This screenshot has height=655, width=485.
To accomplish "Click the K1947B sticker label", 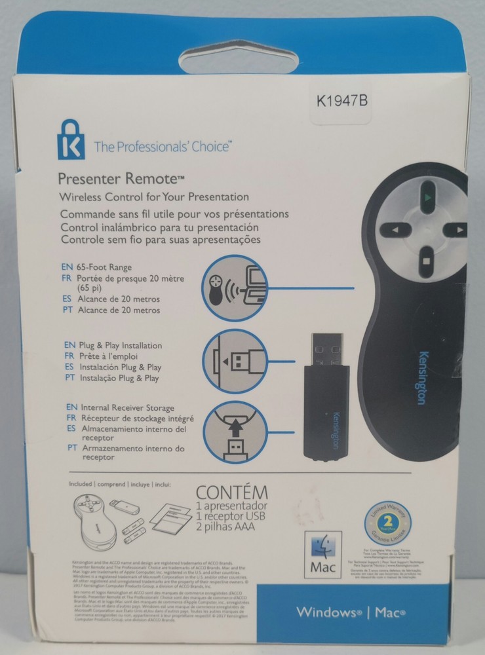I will coord(341,101).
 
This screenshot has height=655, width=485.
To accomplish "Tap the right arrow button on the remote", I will coord(456,231).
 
